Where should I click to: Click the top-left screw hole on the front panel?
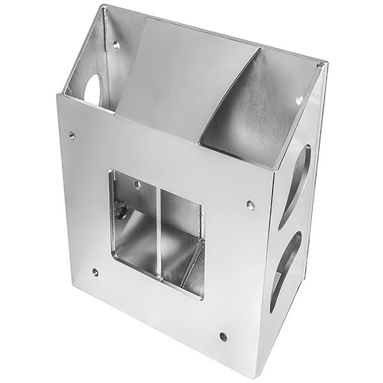click(71, 135)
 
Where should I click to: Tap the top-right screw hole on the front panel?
click(250, 205)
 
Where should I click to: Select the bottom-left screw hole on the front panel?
click(95, 273)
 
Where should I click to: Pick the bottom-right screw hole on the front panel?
click(223, 336)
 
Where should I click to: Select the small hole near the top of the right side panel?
click(298, 100)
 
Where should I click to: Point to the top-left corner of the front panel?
click(57, 96)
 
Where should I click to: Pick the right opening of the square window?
click(182, 246)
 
